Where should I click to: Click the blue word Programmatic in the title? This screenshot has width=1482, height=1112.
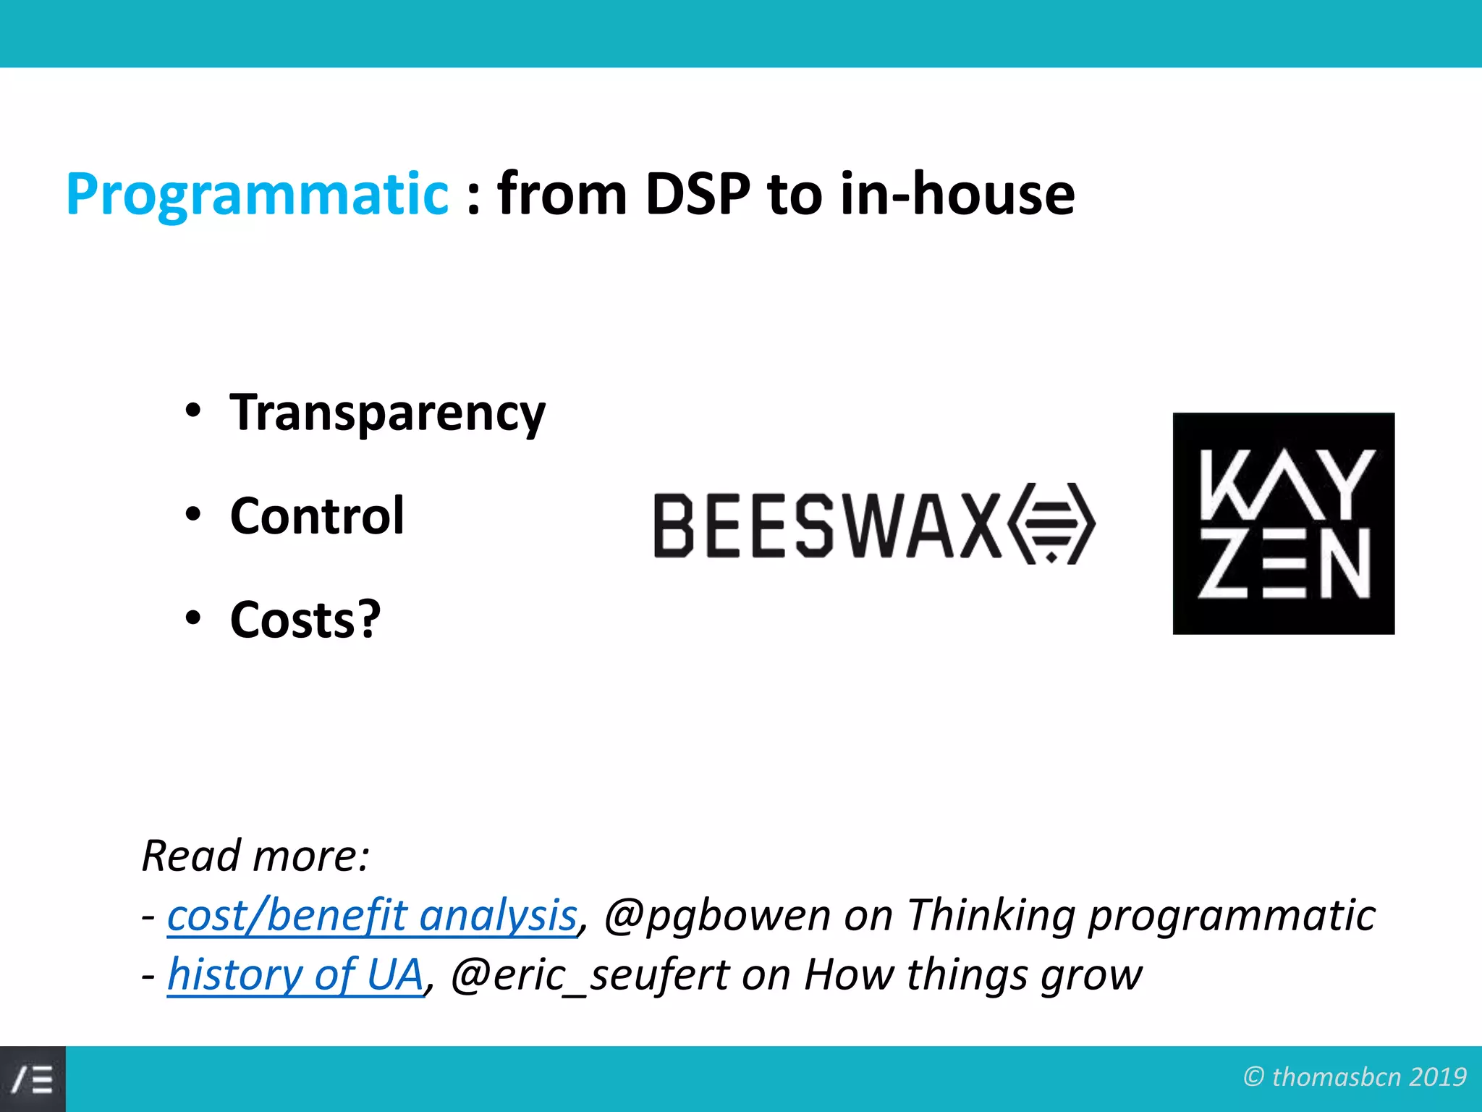[x=257, y=194]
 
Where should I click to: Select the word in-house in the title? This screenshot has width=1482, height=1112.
[x=957, y=194]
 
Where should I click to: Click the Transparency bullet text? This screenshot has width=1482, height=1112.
[x=387, y=413]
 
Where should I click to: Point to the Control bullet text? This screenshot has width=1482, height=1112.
[x=317, y=516]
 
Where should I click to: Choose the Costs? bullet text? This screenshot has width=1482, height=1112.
[x=305, y=620]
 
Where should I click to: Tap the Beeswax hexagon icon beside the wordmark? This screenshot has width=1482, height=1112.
[x=1052, y=523]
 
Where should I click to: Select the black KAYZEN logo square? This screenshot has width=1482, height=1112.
[x=1283, y=523]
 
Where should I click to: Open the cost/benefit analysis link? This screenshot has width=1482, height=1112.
[x=372, y=915]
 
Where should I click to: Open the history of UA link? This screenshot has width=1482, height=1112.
[x=295, y=974]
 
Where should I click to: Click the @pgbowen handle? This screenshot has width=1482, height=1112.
[x=716, y=915]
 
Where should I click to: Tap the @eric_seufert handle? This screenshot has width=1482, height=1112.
[x=590, y=974]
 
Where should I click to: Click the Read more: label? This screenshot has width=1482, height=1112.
[x=255, y=856]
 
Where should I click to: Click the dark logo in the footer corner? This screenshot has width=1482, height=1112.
[x=33, y=1079]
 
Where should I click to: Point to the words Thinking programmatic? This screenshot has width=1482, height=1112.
[x=1140, y=915]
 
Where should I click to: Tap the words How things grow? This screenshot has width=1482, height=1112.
[x=973, y=974]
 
